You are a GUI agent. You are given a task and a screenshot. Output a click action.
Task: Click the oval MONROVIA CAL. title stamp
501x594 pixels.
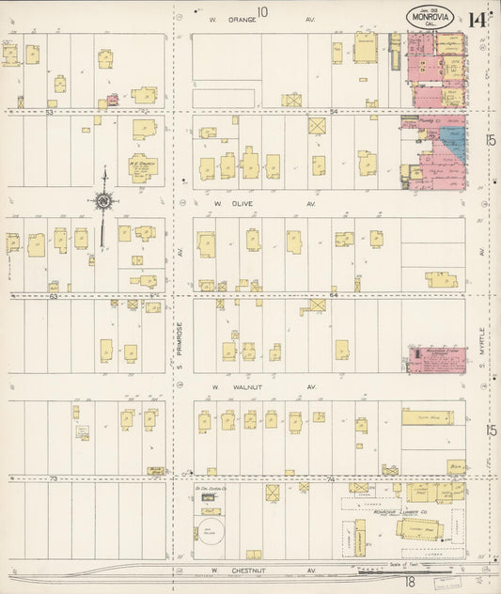[431, 18]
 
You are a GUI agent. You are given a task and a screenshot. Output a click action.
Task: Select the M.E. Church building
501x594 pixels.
[143, 167]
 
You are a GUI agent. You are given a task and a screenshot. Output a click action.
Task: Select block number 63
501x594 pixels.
[55, 296]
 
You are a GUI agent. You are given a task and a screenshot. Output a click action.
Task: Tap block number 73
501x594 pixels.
[55, 479]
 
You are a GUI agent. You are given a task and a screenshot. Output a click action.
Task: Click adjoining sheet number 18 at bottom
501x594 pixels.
[384, 583]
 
